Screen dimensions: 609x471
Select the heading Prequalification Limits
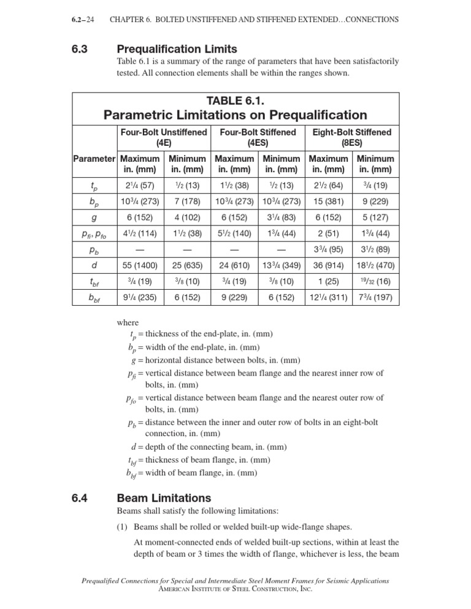tap(177, 48)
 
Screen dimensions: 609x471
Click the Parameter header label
tap(94, 159)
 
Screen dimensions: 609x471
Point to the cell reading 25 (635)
tap(186, 266)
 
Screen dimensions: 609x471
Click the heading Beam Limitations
tap(163, 498)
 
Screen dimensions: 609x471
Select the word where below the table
tap(128, 322)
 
